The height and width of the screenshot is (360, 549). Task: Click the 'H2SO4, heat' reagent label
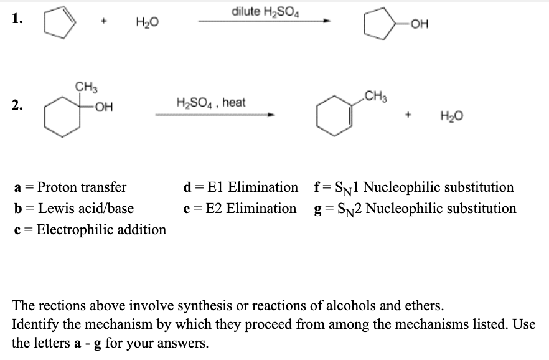tap(211, 102)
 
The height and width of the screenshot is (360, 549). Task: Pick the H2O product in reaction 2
tap(449, 116)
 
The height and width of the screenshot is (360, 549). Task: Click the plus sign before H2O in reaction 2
tap(411, 115)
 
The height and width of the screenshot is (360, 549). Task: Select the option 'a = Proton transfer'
tap(70, 187)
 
